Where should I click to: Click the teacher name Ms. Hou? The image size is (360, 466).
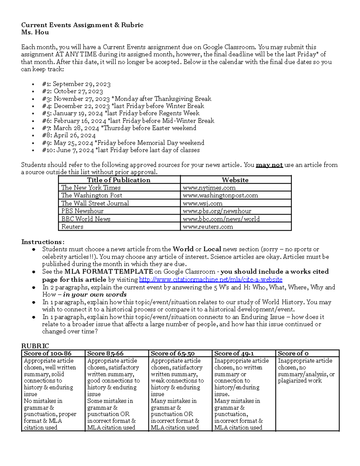click(x=35, y=32)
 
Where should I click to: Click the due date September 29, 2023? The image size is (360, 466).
click(x=82, y=84)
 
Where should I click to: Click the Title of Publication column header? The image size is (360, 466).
click(x=118, y=180)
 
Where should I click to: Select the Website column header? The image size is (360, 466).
click(x=235, y=180)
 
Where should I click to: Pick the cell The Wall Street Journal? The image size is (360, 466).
click(x=95, y=203)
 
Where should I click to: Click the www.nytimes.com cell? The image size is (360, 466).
click(x=209, y=188)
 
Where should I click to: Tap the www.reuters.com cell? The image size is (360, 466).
click(x=208, y=227)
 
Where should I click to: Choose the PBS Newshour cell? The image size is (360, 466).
click(x=82, y=211)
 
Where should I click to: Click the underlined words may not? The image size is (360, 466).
click(x=269, y=165)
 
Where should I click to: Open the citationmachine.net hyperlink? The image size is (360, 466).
click(x=211, y=280)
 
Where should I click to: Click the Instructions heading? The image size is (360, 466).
click(x=43, y=242)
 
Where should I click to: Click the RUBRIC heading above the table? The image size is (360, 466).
click(x=35, y=346)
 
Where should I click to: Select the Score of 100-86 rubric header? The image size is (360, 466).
click(x=47, y=353)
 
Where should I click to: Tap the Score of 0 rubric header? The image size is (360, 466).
click(x=293, y=353)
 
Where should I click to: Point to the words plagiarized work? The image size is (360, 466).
click(x=299, y=381)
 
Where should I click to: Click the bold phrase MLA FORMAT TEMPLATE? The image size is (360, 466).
click(x=109, y=272)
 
